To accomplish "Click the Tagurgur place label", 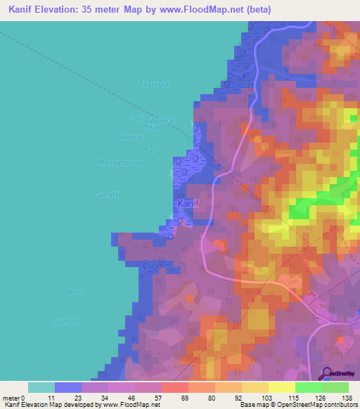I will (155, 84).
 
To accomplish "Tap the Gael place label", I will (136, 118).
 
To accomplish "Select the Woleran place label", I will (162, 121).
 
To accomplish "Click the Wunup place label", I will (131, 136).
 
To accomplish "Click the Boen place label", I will (74, 291).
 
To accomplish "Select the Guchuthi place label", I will (65, 321).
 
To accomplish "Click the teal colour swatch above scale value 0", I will (41, 387).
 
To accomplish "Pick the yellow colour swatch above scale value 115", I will (281, 387).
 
